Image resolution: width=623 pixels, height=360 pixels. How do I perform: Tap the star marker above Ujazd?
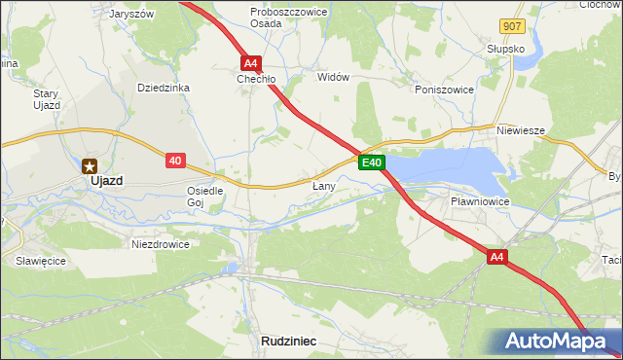tap(90, 165)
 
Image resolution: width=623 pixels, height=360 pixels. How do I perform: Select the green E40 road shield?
tap(372, 162)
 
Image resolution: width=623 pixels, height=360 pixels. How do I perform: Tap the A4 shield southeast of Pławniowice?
tap(497, 256)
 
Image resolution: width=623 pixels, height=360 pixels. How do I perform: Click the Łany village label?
tap(324, 185)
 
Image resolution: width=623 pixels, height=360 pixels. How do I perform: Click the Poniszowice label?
tap(443, 90)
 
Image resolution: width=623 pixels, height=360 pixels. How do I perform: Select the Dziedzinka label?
tap(163, 88)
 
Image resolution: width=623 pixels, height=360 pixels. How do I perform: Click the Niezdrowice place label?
tap(160, 244)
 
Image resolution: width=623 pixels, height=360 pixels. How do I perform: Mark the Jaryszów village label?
tap(131, 15)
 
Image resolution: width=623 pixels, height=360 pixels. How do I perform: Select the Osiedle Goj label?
tap(205, 197)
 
